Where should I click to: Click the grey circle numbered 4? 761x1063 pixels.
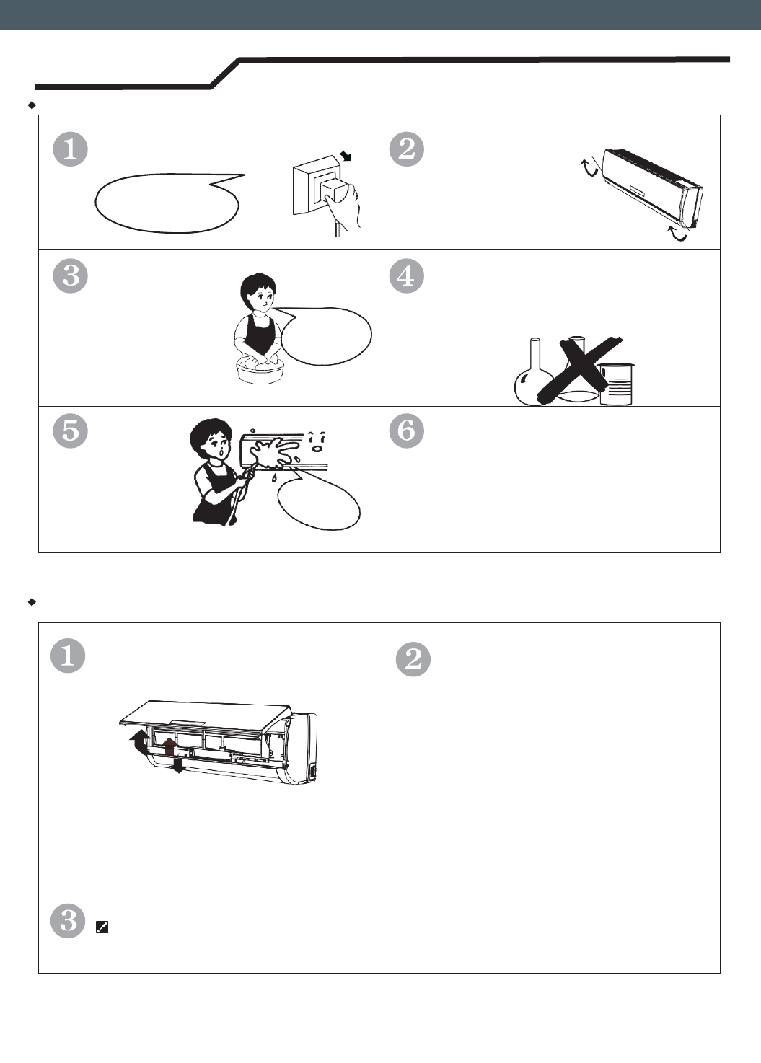[406, 275]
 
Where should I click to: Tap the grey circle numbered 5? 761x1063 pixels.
[70, 431]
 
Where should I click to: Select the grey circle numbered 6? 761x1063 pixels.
[406, 431]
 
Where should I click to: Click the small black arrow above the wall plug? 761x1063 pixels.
[346, 155]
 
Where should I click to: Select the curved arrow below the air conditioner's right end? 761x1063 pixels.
[677, 234]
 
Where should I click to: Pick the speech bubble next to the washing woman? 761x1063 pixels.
[325, 336]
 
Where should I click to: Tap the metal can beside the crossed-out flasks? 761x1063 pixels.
[616, 384]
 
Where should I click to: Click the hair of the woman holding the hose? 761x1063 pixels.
[211, 432]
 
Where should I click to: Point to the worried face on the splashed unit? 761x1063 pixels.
[317, 442]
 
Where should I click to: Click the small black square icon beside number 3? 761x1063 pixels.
[102, 927]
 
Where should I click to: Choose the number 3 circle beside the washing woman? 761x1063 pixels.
[70, 275]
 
